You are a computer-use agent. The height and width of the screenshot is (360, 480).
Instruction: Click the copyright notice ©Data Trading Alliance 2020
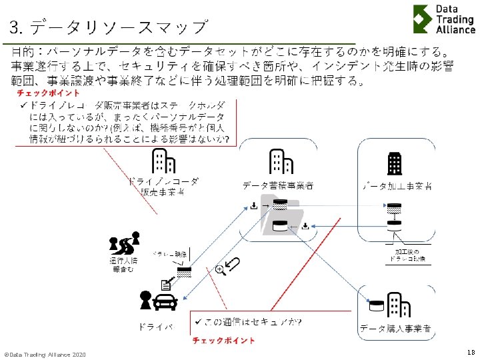(x=45, y=353)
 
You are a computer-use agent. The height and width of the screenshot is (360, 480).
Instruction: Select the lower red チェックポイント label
(x=223, y=341)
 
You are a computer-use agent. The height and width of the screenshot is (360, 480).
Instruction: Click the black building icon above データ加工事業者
(x=395, y=163)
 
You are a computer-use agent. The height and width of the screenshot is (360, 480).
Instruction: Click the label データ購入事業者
(x=395, y=329)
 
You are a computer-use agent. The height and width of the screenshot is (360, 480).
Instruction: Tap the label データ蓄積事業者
(x=278, y=185)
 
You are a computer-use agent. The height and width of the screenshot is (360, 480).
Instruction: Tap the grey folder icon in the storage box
(x=282, y=217)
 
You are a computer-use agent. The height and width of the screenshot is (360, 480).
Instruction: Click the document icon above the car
(x=165, y=285)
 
